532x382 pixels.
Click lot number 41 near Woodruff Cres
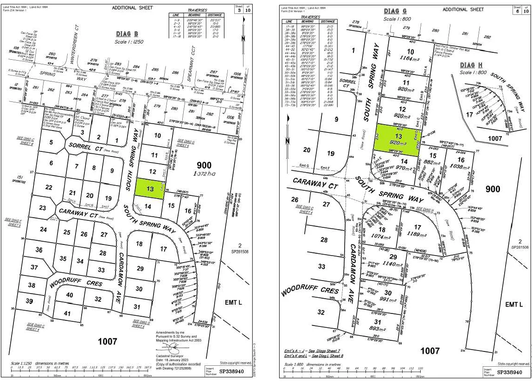[67, 313]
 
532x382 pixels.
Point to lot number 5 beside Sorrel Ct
[51, 143]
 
